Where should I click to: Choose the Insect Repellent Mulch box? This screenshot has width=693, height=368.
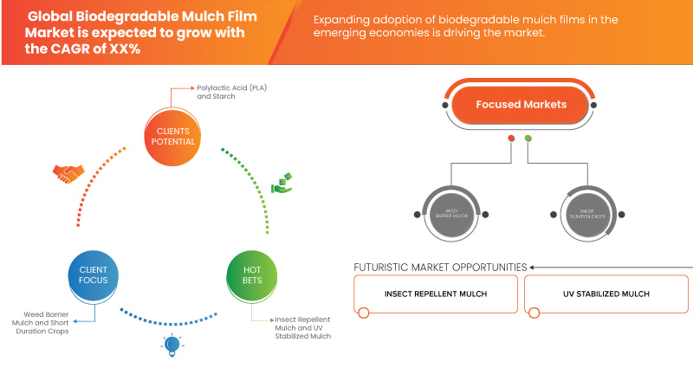click(436, 294)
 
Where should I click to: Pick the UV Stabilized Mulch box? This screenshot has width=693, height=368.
click(606, 294)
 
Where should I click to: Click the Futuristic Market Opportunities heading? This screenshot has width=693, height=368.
click(440, 267)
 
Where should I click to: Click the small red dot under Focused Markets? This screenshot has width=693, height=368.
click(511, 138)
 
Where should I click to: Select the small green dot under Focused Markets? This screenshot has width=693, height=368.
click(528, 138)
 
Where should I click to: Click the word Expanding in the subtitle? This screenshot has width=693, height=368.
click(340, 19)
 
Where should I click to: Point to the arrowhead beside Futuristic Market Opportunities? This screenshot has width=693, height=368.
click(532, 267)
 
